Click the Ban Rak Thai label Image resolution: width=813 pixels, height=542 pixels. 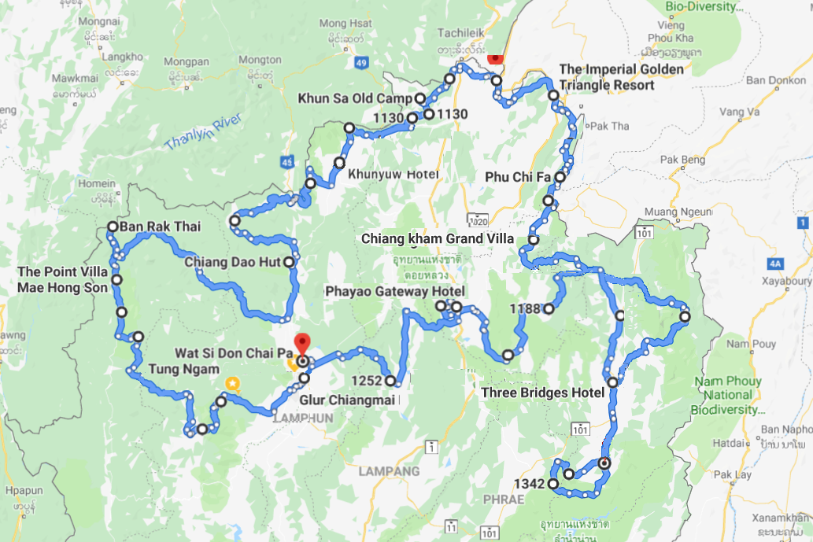click(160, 227)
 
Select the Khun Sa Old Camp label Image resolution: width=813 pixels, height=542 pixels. click(355, 98)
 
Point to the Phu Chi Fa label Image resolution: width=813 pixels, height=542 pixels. click(521, 177)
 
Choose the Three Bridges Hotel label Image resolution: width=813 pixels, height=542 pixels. click(542, 393)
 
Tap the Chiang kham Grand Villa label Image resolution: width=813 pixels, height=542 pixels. click(438, 238)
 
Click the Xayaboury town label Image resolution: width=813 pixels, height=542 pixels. click(784, 281)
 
